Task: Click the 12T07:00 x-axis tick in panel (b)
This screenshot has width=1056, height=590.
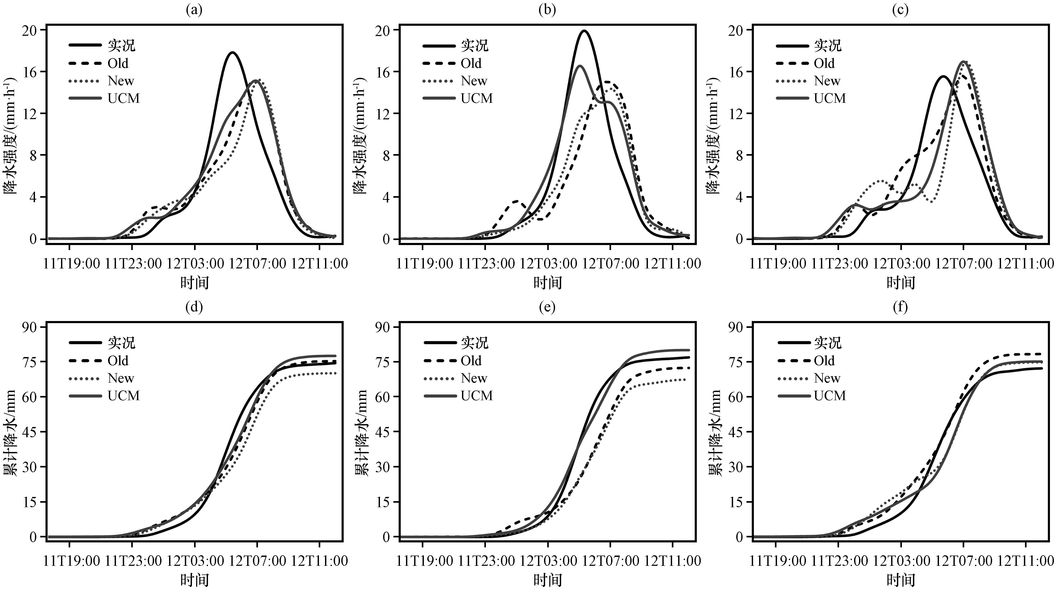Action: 610,263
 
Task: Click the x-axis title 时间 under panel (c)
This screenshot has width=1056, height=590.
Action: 901,282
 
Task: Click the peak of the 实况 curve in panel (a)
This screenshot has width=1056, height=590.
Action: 232,53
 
